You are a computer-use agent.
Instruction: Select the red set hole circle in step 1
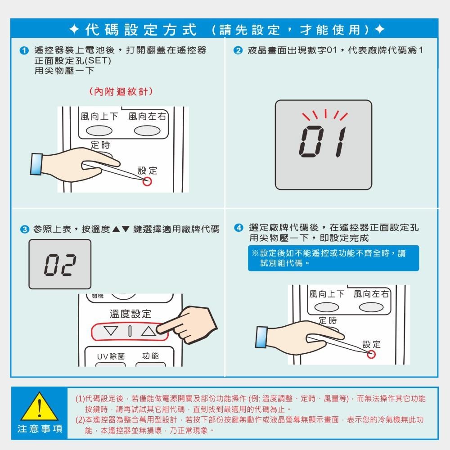click(x=147, y=181)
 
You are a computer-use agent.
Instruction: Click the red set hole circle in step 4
click(x=371, y=355)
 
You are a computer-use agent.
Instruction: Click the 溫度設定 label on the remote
click(x=130, y=314)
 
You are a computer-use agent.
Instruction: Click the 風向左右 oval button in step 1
click(x=147, y=130)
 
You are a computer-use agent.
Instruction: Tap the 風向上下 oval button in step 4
click(x=326, y=307)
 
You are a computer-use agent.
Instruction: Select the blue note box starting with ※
click(x=333, y=258)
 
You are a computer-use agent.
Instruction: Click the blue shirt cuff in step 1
click(x=36, y=164)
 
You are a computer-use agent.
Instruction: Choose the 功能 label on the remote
click(x=150, y=355)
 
